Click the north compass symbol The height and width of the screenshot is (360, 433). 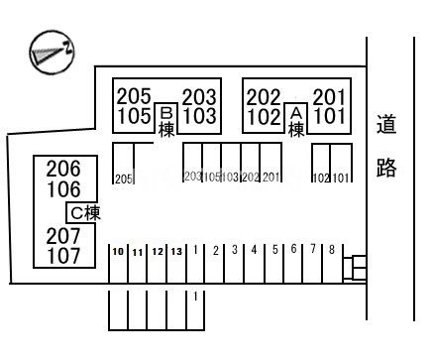tap(49, 50)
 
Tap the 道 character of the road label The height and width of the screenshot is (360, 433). tap(386, 125)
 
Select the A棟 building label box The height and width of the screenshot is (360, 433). tap(294, 121)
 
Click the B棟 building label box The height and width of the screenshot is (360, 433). tap(166, 121)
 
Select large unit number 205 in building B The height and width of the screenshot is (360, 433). tap(134, 96)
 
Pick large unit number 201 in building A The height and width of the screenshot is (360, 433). tap(329, 96)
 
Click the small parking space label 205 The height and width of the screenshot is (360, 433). tap(123, 179)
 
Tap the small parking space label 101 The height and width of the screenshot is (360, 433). tap(341, 179)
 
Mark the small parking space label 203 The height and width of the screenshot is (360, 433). tap(192, 178)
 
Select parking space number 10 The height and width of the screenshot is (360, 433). tap(117, 252)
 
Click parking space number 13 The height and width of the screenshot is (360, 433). tap(176, 252)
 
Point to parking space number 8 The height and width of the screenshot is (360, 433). tap(332, 249)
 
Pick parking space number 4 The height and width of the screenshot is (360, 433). tap(254, 250)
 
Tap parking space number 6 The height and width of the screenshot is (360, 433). tap(293, 250)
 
